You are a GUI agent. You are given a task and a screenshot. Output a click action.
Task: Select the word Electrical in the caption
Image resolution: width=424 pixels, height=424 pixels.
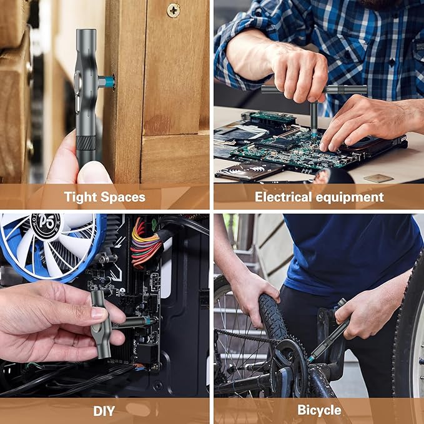285,197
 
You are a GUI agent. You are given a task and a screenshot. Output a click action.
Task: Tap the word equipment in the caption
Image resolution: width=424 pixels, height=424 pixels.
351,197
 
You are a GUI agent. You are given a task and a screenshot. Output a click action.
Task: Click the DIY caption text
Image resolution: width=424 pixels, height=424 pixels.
104,410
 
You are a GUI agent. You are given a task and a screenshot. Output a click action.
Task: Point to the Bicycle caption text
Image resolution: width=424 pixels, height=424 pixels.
319,410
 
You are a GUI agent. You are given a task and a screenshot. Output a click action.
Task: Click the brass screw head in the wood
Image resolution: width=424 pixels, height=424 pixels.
173,10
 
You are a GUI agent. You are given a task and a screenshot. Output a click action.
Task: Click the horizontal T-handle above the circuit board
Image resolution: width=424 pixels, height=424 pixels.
313,90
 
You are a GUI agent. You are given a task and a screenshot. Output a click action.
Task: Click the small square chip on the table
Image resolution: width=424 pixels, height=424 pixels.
379,178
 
